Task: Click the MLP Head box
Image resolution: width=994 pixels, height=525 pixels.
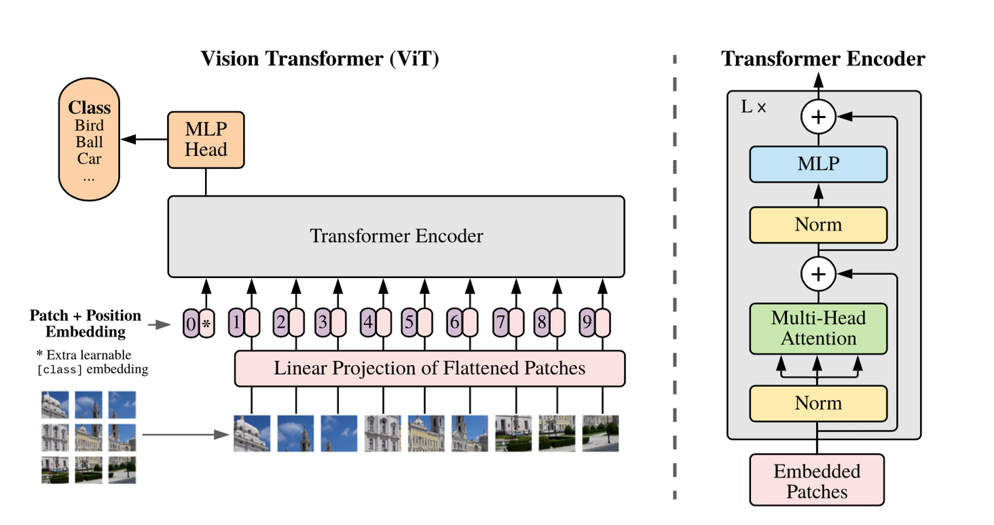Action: (x=206, y=140)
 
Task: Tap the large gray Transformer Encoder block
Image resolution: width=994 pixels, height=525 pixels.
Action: (x=396, y=236)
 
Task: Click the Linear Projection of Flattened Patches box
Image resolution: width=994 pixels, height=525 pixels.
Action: (x=429, y=368)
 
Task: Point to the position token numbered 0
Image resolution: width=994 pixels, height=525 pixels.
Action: (x=191, y=323)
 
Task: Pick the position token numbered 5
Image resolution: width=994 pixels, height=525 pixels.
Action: (x=409, y=323)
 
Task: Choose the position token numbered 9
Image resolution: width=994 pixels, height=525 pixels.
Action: (x=587, y=323)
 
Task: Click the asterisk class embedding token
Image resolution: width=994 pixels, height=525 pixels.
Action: (x=206, y=323)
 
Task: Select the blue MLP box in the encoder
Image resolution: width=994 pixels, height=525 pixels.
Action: (x=818, y=164)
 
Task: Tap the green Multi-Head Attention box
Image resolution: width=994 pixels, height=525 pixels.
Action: (x=818, y=328)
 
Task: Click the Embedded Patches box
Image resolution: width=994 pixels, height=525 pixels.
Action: (x=817, y=481)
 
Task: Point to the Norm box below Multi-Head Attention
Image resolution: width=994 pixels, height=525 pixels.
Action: (x=818, y=403)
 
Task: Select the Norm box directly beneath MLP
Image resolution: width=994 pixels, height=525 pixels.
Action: (x=818, y=225)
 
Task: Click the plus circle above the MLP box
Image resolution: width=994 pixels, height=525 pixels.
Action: (x=818, y=117)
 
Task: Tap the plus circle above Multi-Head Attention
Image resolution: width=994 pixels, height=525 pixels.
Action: (x=818, y=274)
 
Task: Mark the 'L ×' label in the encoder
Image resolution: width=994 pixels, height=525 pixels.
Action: (x=753, y=108)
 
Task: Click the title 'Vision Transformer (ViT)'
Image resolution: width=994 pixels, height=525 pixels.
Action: (x=320, y=58)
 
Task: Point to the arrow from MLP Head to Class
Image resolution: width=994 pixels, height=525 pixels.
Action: (x=144, y=140)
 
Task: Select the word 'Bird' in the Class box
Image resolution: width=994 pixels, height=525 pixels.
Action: (x=89, y=125)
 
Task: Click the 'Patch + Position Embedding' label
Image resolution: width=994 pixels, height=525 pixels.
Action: (x=86, y=324)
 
